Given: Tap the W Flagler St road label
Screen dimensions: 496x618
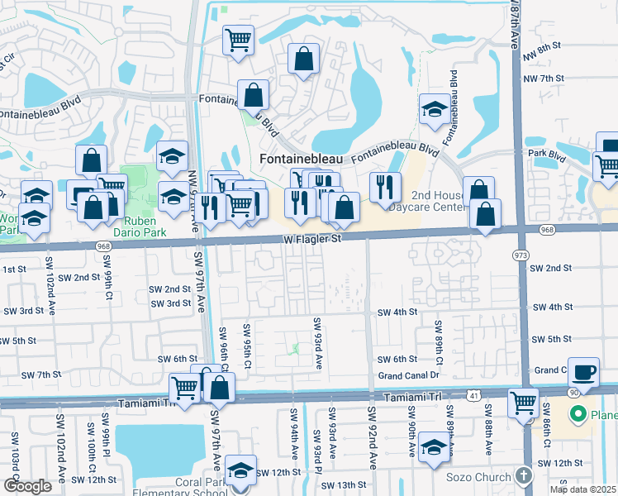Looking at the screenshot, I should point(309,239).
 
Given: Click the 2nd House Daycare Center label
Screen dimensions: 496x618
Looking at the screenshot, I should point(440,201).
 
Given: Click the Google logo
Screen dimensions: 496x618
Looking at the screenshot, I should point(27,486).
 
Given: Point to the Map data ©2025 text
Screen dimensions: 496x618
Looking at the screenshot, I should point(582,489).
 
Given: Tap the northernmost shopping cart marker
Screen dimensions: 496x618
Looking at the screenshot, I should point(238,39).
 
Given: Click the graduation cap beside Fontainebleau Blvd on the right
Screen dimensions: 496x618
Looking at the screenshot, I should point(435,109).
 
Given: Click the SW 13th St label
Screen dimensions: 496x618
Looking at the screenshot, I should point(344,485).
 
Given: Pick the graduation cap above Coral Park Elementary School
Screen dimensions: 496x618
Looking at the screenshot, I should point(240,470).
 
